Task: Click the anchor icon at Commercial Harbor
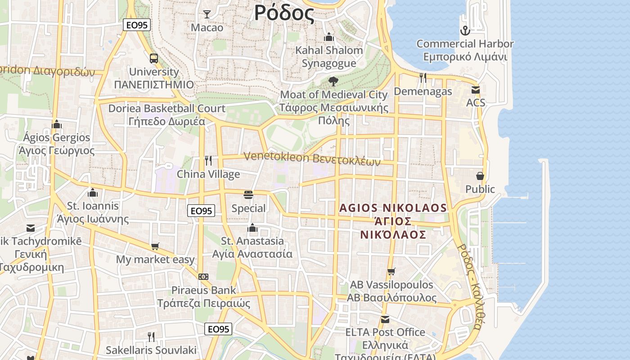(465, 31)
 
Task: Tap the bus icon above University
(154, 58)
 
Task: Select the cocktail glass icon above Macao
(207, 14)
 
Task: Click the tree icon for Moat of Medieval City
(333, 81)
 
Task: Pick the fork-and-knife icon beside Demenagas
(423, 78)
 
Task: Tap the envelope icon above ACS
(476, 90)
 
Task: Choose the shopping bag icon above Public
(480, 175)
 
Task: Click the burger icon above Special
(248, 195)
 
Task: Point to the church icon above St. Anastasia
(252, 228)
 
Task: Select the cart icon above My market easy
(155, 246)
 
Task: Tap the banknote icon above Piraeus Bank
(203, 276)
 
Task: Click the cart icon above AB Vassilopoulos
(391, 271)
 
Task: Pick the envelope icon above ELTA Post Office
(385, 319)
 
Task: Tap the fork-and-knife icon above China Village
(208, 161)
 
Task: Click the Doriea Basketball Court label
(166, 109)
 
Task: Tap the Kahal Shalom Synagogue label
(328, 57)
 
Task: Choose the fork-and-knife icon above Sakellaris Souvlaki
(151, 337)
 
